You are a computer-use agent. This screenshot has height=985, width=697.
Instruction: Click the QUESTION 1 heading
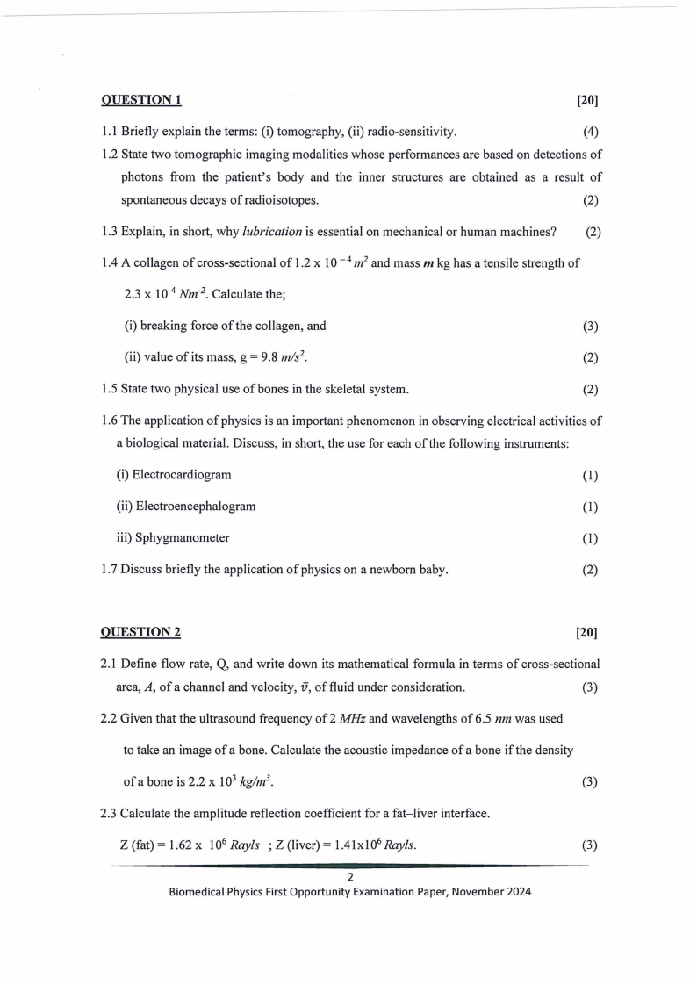(x=141, y=100)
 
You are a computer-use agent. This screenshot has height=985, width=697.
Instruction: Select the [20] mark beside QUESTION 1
(x=587, y=100)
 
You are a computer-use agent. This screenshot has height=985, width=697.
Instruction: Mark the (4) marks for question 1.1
(x=590, y=133)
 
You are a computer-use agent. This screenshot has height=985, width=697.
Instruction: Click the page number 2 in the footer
(x=349, y=876)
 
